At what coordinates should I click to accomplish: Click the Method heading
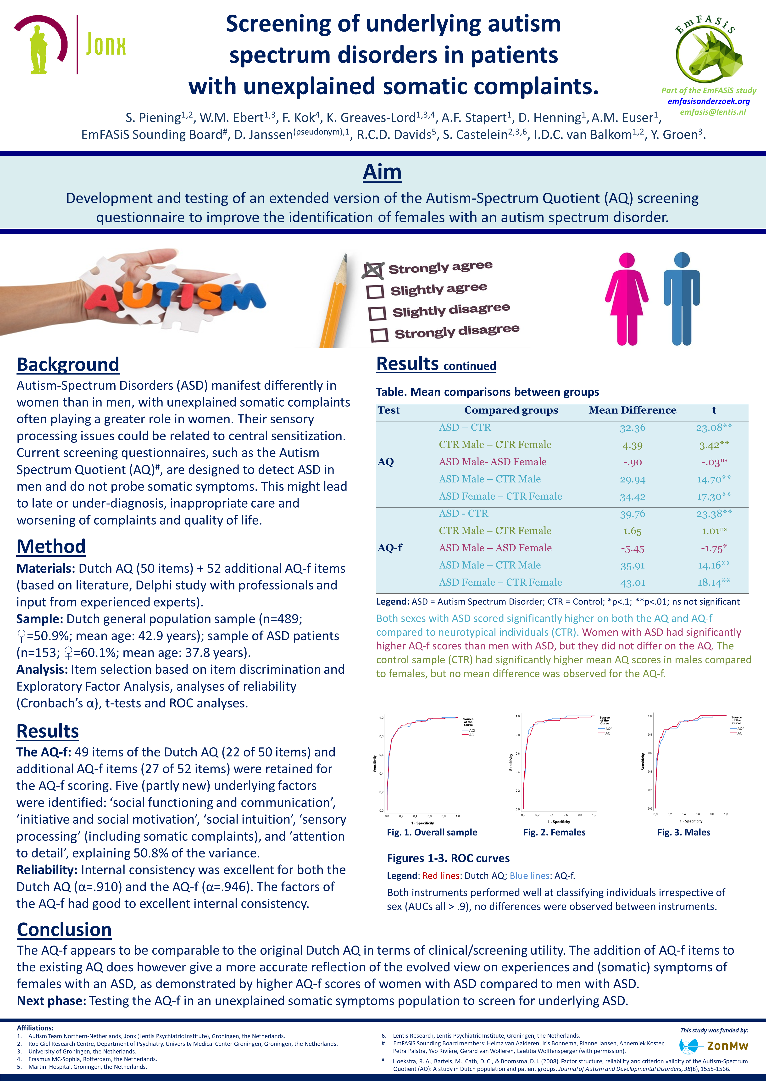(x=51, y=546)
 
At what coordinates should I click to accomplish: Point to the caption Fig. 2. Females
(x=554, y=832)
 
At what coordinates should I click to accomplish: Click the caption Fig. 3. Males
(x=683, y=832)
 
